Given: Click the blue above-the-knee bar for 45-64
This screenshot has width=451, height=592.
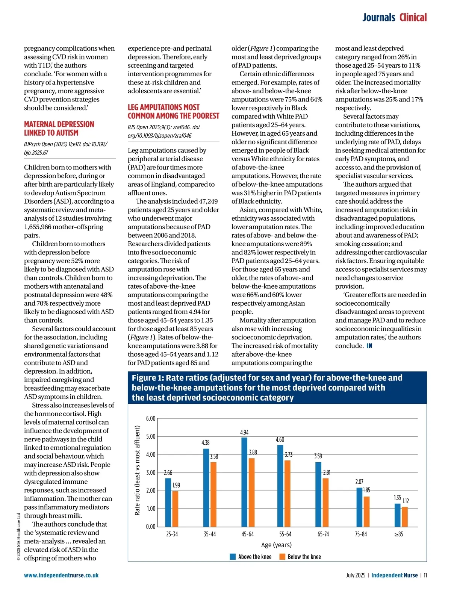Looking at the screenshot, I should [x=244, y=482].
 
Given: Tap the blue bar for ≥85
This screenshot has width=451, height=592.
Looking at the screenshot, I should [x=397, y=515].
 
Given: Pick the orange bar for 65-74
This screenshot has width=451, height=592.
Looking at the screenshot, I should [x=325, y=502].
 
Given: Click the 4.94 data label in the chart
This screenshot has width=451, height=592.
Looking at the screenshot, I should [x=244, y=433].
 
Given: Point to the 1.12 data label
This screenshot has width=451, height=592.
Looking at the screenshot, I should [x=406, y=501].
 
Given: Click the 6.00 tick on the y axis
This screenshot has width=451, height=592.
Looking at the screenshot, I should [x=150, y=419].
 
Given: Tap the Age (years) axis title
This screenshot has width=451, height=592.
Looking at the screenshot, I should [x=276, y=545].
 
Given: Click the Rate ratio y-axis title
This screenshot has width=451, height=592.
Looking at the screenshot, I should [x=137, y=470].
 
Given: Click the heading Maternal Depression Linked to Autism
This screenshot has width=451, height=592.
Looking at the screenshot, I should [x=59, y=129].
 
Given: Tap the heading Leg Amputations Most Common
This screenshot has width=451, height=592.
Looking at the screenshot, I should [x=173, y=112].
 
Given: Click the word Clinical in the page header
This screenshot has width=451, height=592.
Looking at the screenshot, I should [x=413, y=18].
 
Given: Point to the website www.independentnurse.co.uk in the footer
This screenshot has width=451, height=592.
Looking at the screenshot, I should [x=61, y=575].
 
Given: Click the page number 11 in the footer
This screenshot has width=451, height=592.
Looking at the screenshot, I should [x=425, y=575].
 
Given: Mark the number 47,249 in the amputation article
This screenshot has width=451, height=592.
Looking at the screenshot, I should [x=205, y=201].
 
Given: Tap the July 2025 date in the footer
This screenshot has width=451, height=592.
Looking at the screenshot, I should [x=356, y=575].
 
